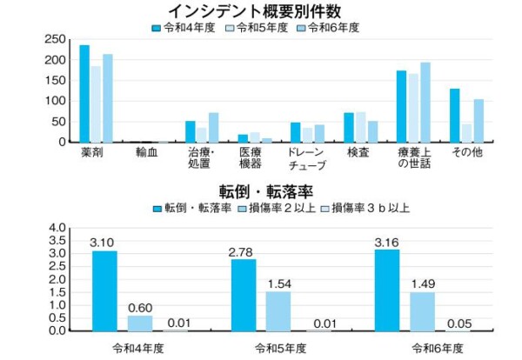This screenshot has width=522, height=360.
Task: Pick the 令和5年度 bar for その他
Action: click(466, 132)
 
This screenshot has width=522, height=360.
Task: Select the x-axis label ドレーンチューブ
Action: click(307, 157)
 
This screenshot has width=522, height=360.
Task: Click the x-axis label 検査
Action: click(358, 153)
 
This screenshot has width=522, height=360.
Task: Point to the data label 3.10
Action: click(104, 243)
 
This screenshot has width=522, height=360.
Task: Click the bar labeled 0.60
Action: click(139, 323)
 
